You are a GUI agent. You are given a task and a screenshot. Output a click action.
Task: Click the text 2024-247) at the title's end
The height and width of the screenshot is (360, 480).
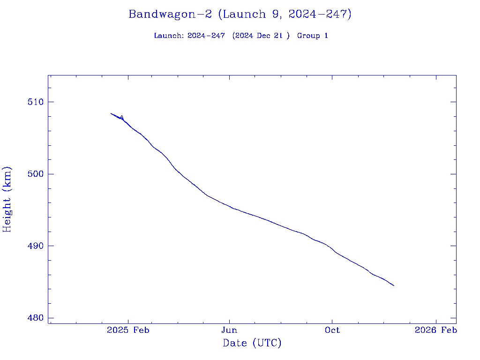320,15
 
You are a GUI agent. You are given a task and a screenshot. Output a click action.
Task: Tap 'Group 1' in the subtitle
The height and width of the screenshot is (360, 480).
312,36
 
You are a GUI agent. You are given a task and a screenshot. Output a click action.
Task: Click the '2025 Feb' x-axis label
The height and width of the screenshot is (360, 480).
128,330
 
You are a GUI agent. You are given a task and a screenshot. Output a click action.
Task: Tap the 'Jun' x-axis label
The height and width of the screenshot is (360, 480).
229,330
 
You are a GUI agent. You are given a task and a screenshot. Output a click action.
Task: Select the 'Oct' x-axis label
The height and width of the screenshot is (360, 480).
332,330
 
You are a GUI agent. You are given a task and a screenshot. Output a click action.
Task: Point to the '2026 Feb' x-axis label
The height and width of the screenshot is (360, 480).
436,330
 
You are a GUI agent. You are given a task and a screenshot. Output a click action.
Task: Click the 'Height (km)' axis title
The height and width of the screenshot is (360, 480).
7,199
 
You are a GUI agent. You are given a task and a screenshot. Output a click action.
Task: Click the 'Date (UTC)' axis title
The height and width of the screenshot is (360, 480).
252,344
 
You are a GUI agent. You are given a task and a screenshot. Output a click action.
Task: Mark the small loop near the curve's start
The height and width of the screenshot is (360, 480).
122,117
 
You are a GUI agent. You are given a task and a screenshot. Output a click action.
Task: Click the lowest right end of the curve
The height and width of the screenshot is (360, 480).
394,285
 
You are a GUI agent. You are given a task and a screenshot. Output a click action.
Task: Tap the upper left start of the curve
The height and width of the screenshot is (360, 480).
111,113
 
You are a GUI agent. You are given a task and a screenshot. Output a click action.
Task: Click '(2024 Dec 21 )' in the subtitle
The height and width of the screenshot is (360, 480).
261,36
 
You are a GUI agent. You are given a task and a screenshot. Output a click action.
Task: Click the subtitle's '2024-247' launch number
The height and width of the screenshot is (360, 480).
206,36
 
